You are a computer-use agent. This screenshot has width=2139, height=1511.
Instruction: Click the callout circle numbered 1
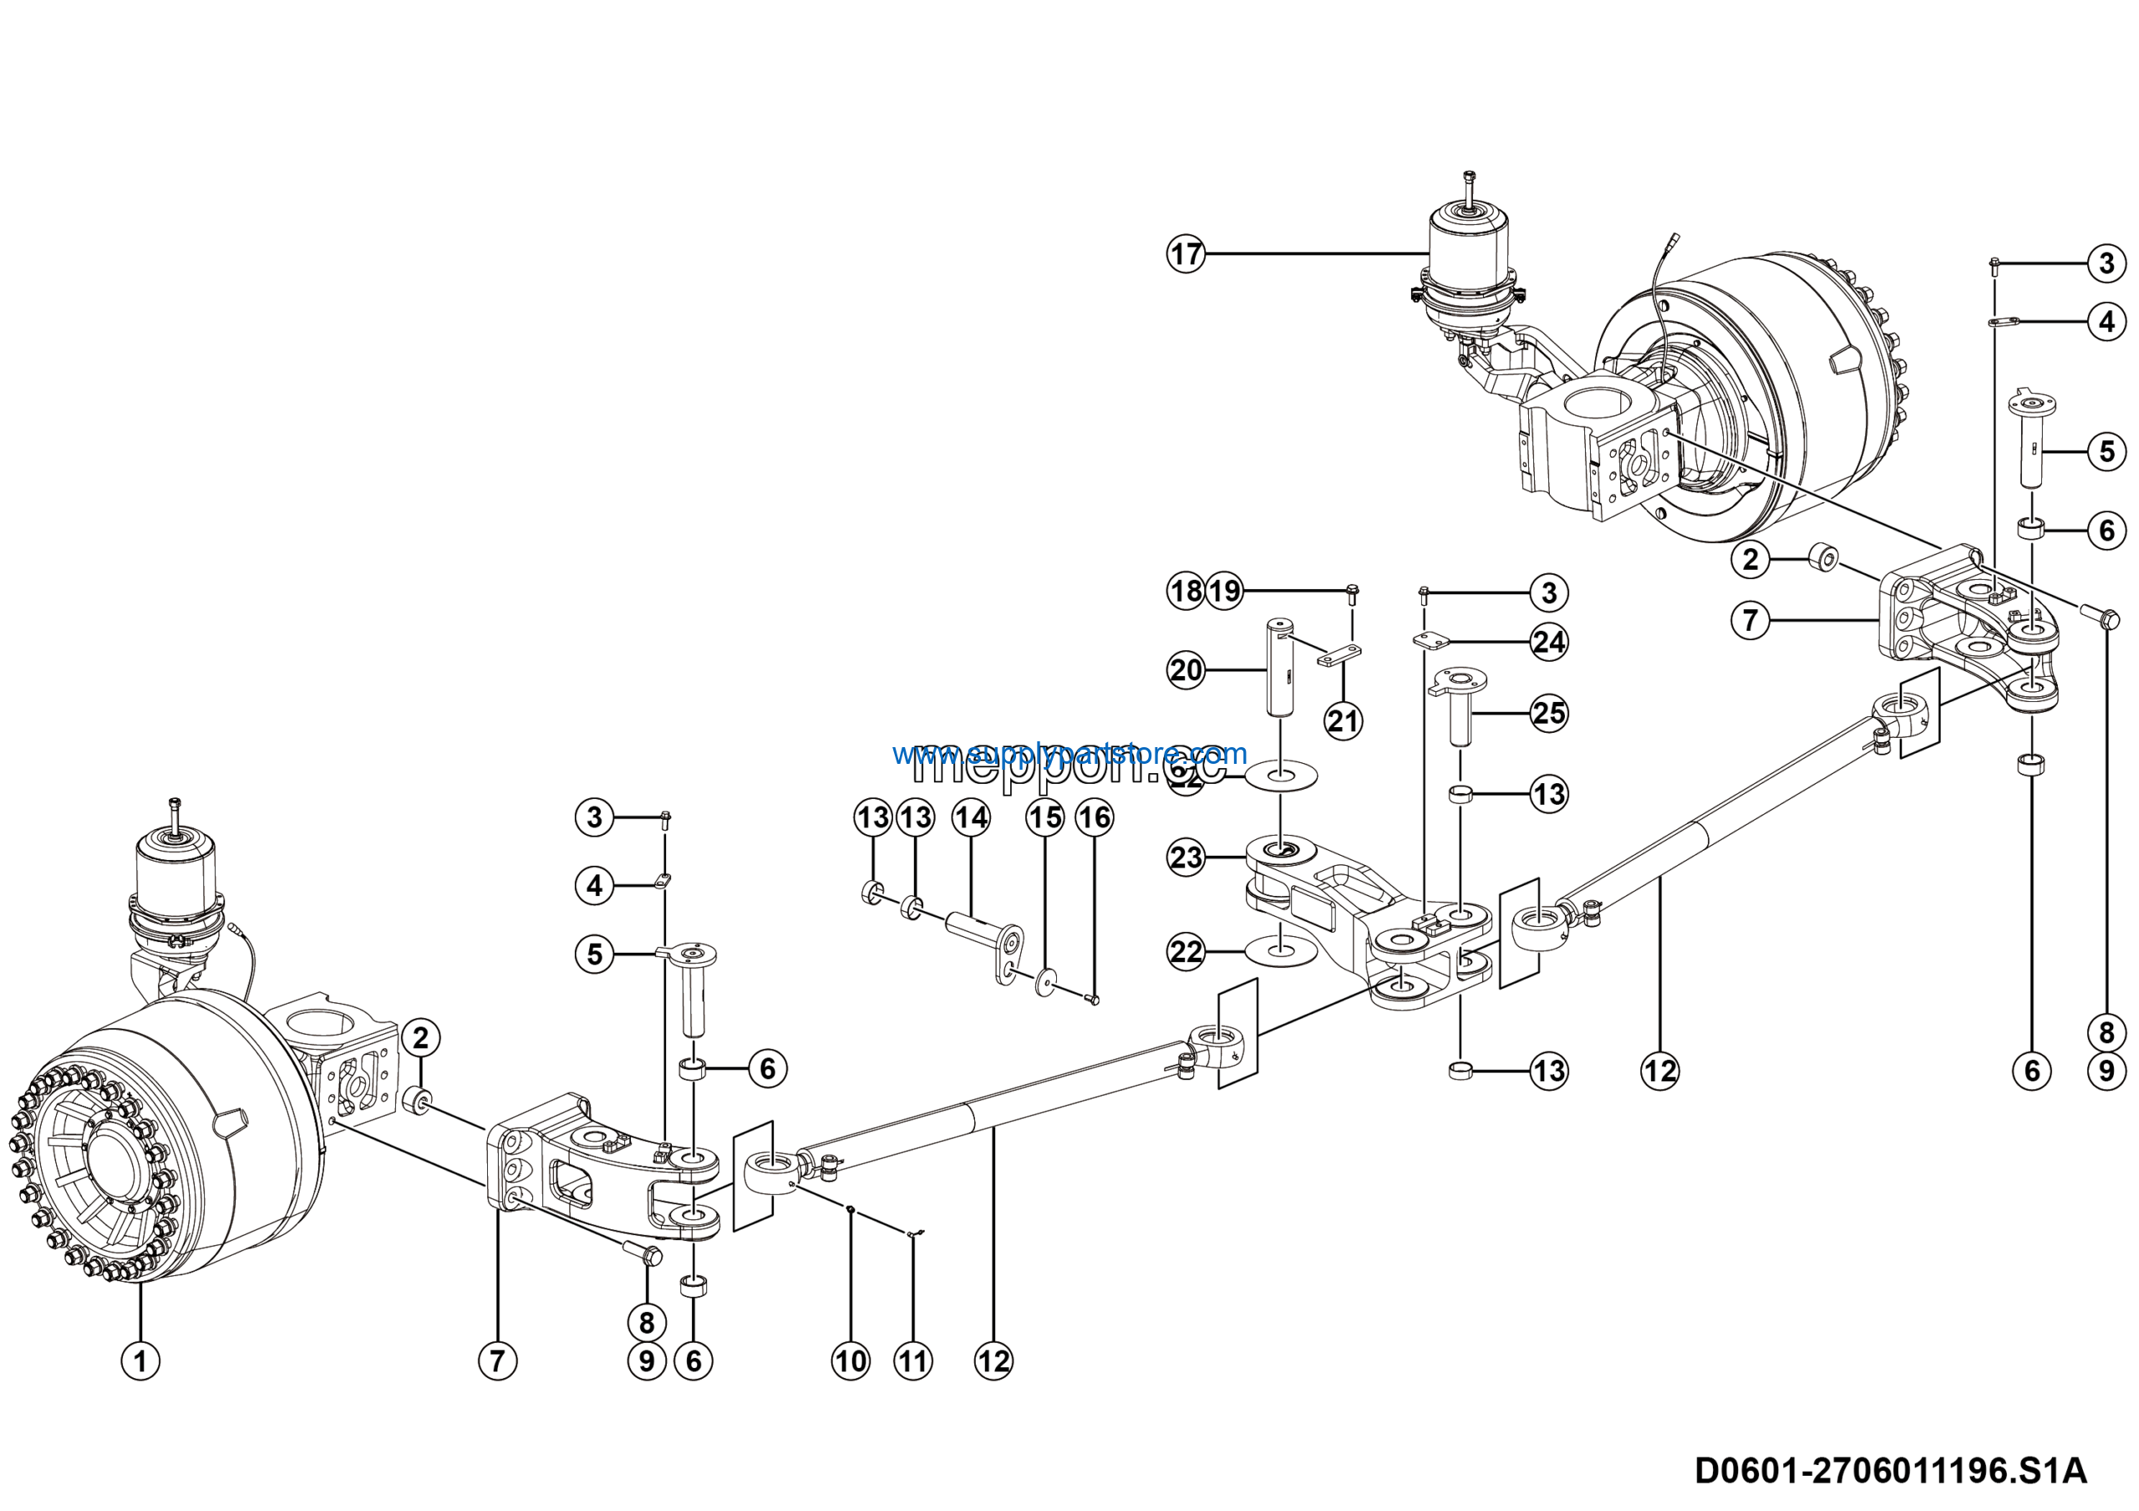click(x=140, y=1361)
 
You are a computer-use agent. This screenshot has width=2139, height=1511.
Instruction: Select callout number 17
click(x=1186, y=253)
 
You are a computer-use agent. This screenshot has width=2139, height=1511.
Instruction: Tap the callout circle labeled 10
click(x=851, y=1361)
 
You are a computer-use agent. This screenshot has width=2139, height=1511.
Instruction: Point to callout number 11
click(x=913, y=1361)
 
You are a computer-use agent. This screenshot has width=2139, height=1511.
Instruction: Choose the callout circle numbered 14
click(x=971, y=818)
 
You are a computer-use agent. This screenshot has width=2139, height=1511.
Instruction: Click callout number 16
click(x=1095, y=818)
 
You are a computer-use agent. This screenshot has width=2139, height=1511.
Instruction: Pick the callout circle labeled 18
click(x=1185, y=591)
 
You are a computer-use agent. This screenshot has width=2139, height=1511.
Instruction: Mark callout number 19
click(x=1225, y=591)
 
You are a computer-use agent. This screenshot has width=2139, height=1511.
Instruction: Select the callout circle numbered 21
click(x=1343, y=721)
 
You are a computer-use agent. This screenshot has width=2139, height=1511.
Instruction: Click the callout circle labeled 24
click(x=1549, y=642)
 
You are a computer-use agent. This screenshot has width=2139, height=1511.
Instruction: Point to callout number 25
click(x=1549, y=714)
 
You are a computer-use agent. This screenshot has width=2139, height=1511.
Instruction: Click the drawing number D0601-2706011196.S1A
click(x=1890, y=1470)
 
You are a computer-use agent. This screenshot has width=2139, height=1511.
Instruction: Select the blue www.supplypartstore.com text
click(x=1069, y=753)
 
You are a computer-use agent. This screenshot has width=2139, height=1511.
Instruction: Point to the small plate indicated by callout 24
click(x=1432, y=640)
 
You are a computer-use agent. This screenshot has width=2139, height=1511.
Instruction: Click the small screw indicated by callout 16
click(x=1093, y=1000)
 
